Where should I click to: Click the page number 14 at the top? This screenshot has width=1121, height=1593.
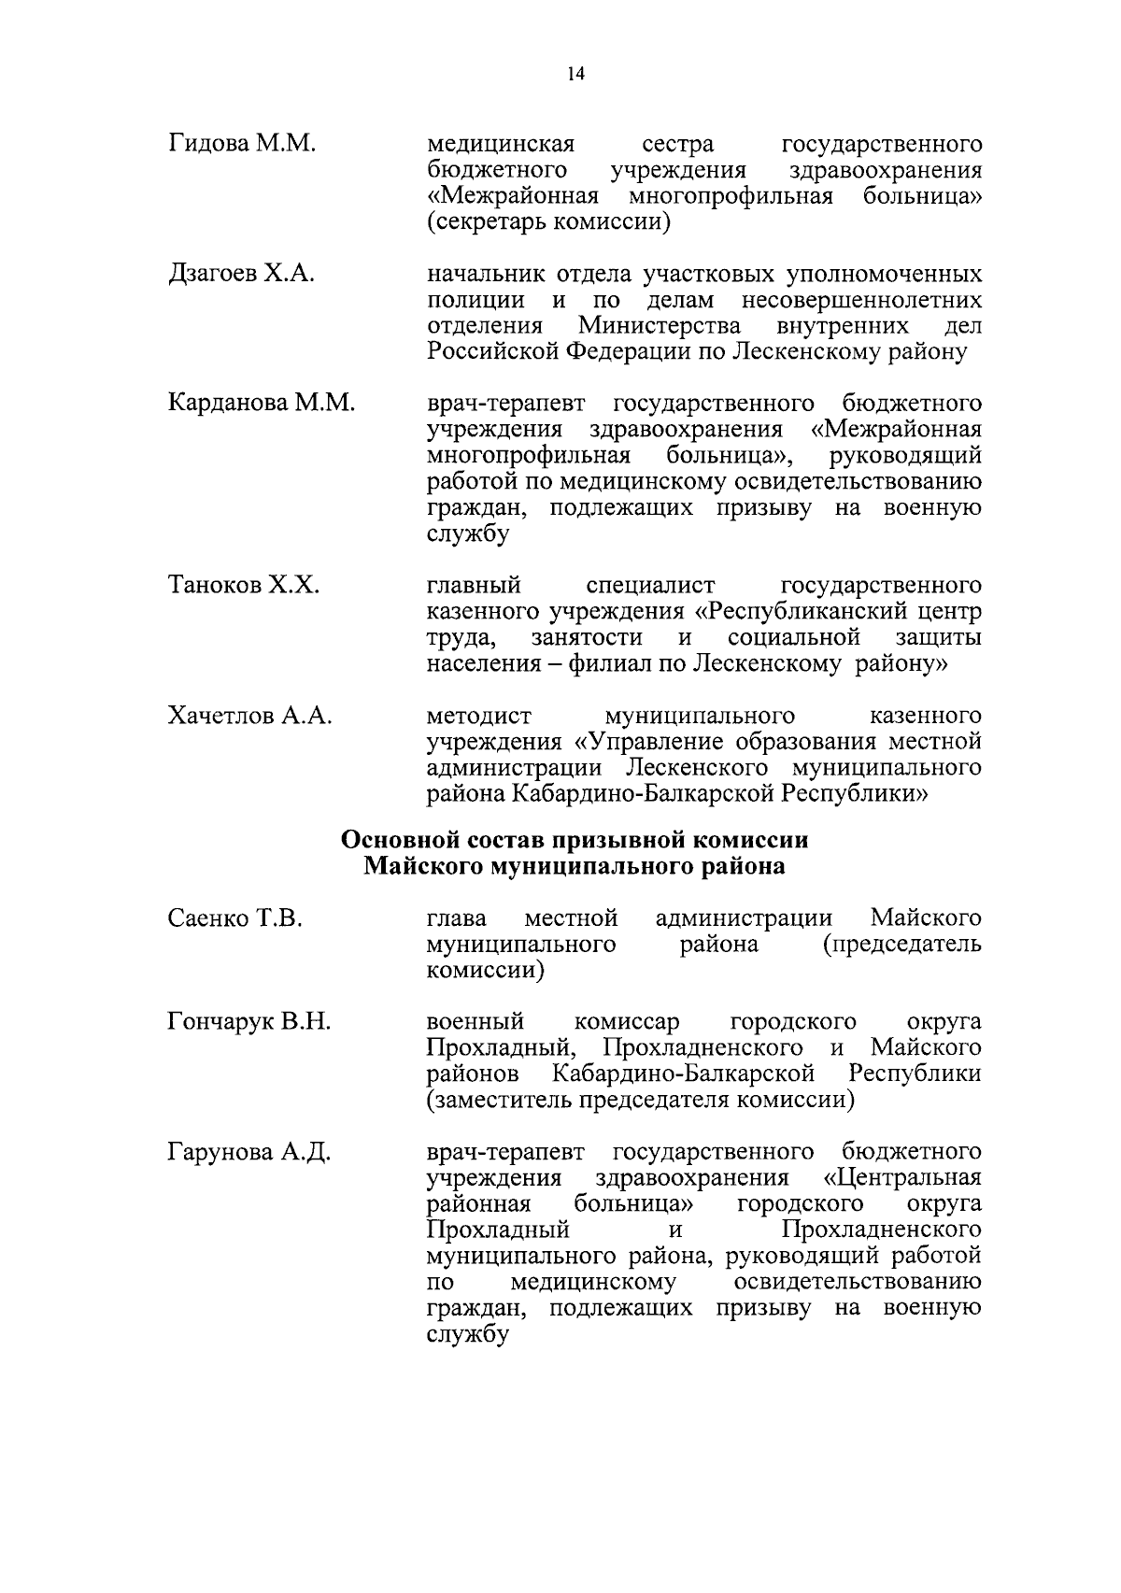tap(575, 75)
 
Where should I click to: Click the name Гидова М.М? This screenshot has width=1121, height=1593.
tap(244, 145)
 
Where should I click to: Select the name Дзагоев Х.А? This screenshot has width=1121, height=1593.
tap(241, 275)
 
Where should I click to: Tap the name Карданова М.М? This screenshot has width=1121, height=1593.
tap(262, 404)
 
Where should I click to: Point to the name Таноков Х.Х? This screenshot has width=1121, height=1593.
tap(244, 586)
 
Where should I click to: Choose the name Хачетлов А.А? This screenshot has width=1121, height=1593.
tap(250, 717)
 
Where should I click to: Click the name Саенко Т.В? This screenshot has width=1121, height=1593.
tap(235, 918)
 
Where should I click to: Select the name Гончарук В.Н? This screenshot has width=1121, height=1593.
tap(249, 1022)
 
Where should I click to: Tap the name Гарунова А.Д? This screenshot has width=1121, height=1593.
tap(249, 1151)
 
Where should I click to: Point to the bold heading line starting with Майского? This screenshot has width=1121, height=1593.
tap(574, 866)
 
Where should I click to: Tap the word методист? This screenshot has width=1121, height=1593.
tap(479, 717)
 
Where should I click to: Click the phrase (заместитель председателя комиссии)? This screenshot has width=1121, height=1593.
tap(641, 1100)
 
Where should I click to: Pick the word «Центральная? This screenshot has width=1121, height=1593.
tap(903, 1177)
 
